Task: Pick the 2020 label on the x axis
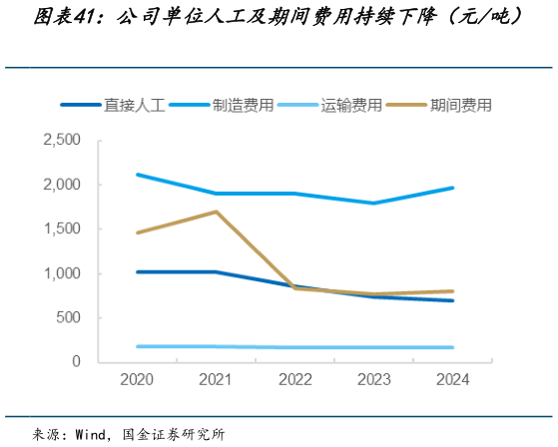(x=137, y=380)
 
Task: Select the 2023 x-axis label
(x=372, y=380)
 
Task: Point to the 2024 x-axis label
(x=451, y=380)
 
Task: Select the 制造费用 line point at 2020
(x=137, y=175)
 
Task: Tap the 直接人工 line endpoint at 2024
(x=451, y=300)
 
